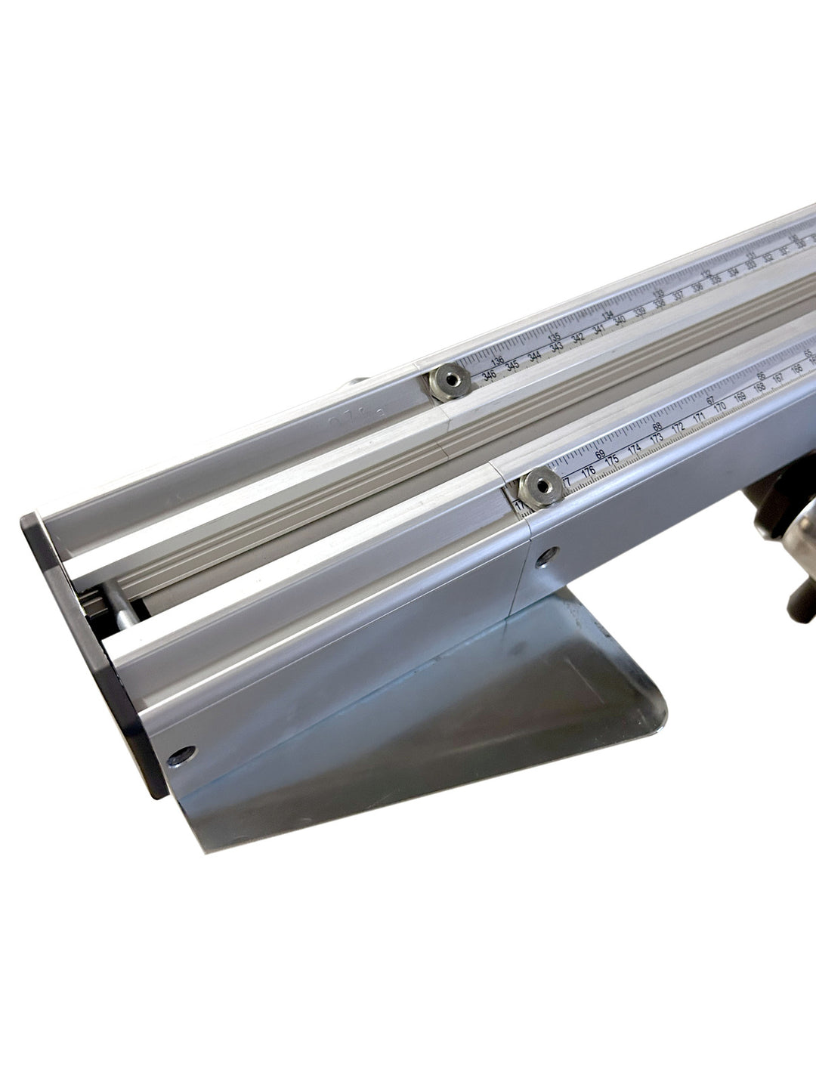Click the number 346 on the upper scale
[490, 376]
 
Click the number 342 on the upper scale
[578, 339]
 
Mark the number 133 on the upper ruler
[659, 295]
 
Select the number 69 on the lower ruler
[600, 454]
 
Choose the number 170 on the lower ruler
[720, 408]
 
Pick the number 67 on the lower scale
[709, 401]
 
